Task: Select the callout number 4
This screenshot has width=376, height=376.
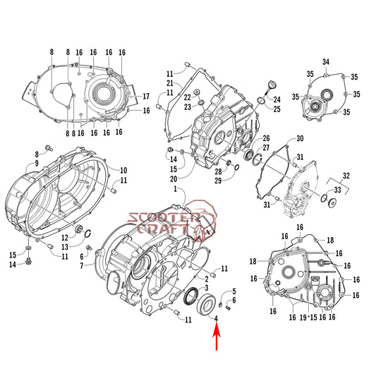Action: (217, 318)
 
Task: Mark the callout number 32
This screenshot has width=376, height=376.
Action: (346, 175)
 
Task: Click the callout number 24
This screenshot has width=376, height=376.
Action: (277, 99)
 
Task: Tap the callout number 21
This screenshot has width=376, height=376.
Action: (170, 84)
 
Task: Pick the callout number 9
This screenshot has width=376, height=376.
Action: (50, 164)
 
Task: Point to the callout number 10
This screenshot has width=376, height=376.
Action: (123, 170)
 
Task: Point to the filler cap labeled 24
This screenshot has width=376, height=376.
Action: (267, 87)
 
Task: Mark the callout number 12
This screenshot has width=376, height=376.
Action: (63, 237)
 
